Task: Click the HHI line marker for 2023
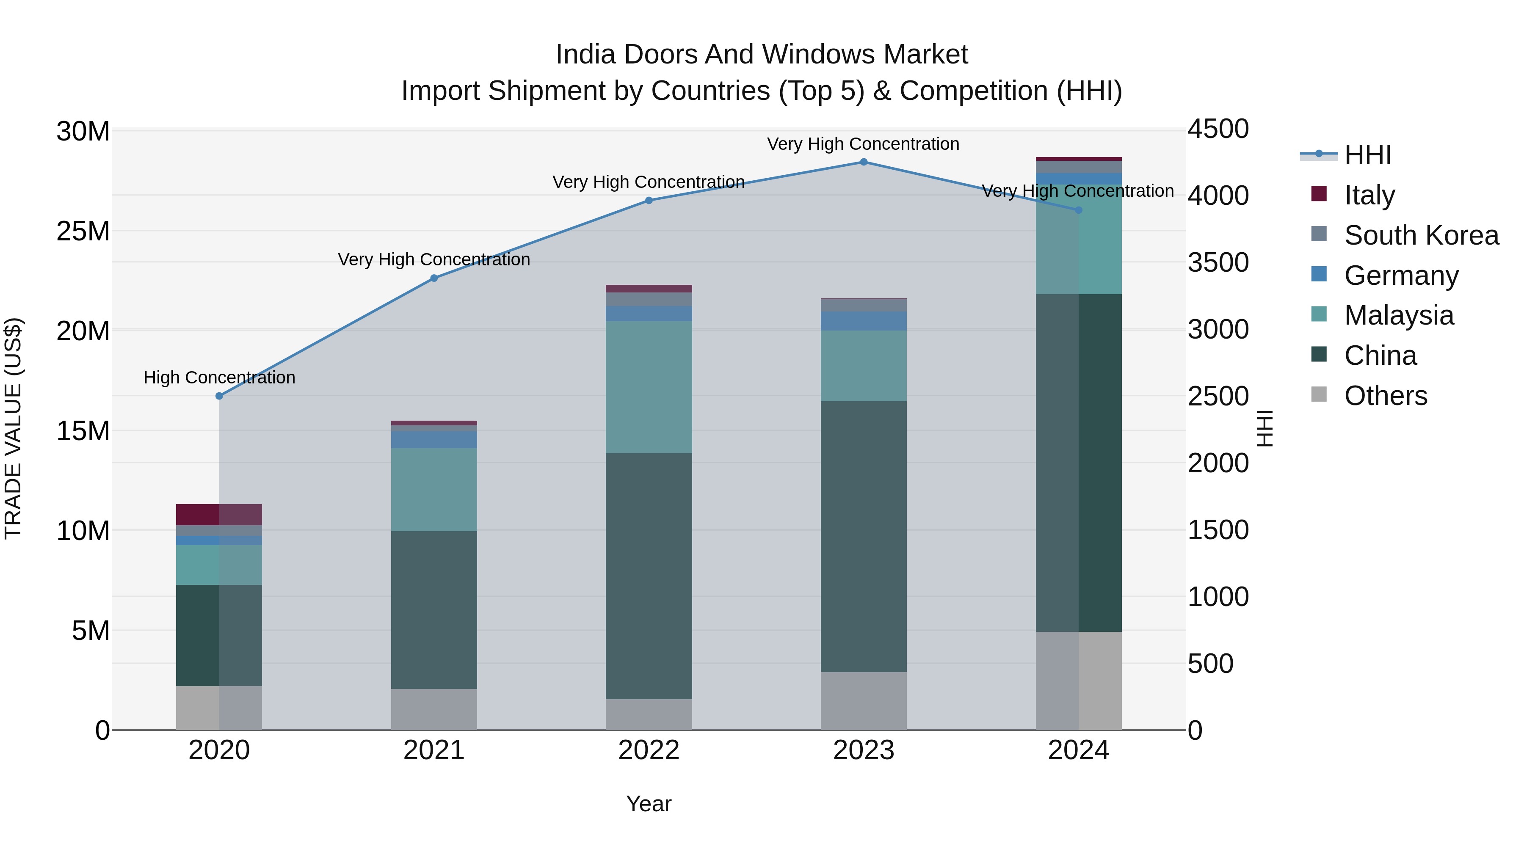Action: pyautogui.click(x=863, y=162)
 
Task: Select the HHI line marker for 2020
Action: pyautogui.click(x=219, y=396)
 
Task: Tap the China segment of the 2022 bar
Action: pyautogui.click(x=649, y=577)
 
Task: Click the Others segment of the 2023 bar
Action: pyautogui.click(x=863, y=701)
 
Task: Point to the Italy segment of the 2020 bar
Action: pyautogui.click(x=219, y=515)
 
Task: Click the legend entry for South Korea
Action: pyautogui.click(x=1421, y=235)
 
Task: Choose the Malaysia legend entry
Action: pyautogui.click(x=1399, y=315)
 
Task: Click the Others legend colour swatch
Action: pyautogui.click(x=1319, y=394)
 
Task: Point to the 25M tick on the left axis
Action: pyautogui.click(x=83, y=231)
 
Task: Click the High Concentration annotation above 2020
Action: pyautogui.click(x=219, y=378)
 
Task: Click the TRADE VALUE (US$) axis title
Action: pyautogui.click(x=13, y=428)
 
